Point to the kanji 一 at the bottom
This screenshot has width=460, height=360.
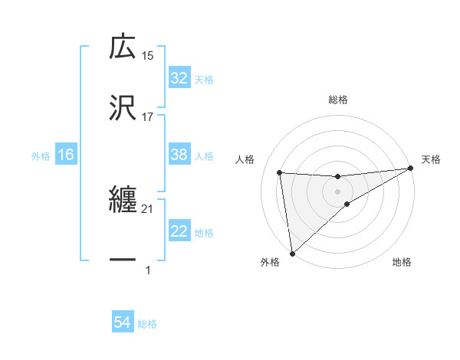click(x=123, y=260)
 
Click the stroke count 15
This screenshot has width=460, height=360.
click(x=147, y=56)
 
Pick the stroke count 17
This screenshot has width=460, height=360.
click(x=147, y=116)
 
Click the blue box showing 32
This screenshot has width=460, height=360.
click(x=179, y=78)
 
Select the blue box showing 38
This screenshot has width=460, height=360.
click(x=179, y=155)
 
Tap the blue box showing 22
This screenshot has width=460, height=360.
click(x=179, y=231)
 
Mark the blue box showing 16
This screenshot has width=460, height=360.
click(x=66, y=155)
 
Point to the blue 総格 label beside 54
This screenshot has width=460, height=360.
click(x=147, y=324)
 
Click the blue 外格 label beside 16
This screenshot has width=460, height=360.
click(x=41, y=155)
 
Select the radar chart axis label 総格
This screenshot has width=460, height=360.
click(x=338, y=100)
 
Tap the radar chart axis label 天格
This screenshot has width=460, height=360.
click(x=431, y=159)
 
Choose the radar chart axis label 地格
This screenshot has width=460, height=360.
click(x=402, y=262)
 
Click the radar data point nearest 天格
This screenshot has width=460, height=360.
click(x=410, y=169)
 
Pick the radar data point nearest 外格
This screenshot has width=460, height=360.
click(x=292, y=253)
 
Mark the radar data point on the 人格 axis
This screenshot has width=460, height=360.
click(x=280, y=172)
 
